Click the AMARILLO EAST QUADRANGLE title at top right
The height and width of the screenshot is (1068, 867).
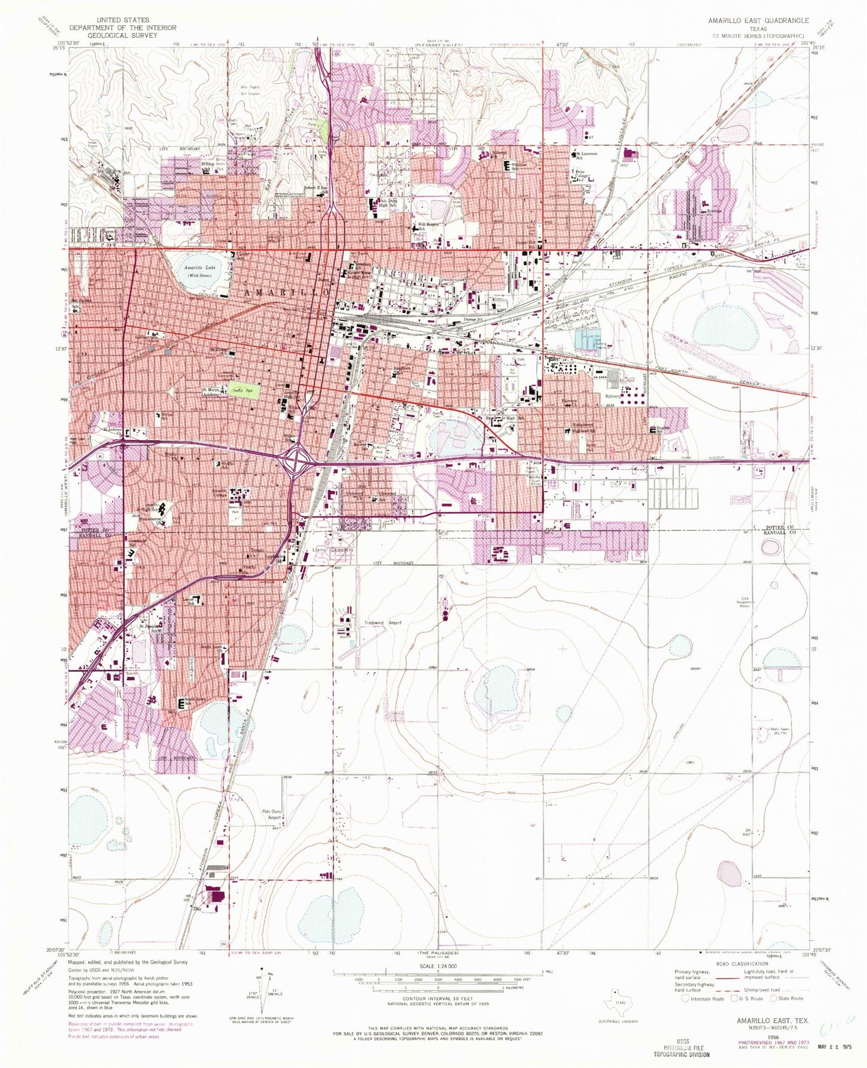pos(758,20)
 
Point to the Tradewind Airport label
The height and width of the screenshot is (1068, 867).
pos(382,623)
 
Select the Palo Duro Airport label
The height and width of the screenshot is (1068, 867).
pos(272,815)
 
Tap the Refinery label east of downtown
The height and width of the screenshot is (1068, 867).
pos(613,397)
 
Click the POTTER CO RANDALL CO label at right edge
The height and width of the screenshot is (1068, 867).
pos(780,530)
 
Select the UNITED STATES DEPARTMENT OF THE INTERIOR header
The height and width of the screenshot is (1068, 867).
pos(122,28)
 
